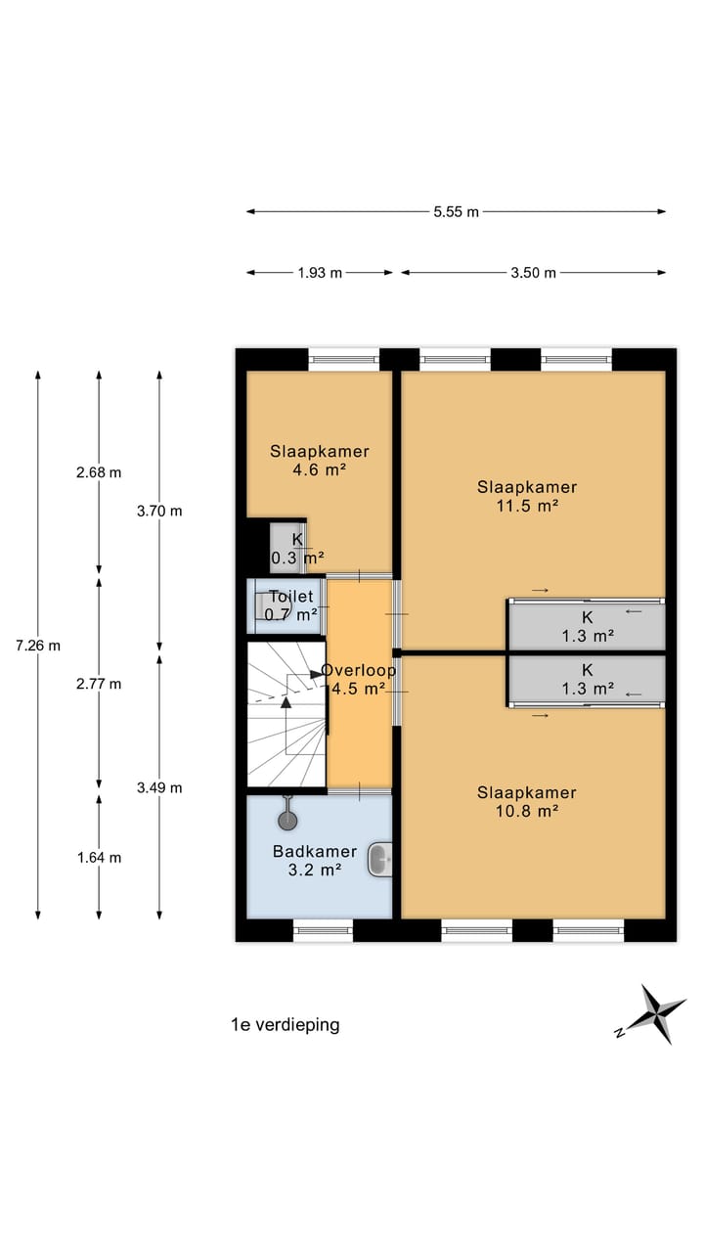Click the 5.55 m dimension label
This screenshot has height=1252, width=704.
pos(457,211)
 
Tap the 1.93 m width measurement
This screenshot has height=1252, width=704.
pos(320,273)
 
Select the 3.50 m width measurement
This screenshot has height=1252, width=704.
pos(533,273)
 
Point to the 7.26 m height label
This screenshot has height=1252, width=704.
pos(38,645)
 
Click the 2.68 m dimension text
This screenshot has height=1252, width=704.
pos(99,472)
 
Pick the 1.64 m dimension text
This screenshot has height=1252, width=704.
pos(99,858)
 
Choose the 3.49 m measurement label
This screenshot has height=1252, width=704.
pos(159,787)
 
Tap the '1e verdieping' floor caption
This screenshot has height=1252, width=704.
pos(285,1025)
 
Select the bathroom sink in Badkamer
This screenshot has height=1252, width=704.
pos(380,861)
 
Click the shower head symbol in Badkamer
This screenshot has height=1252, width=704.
pos(288,819)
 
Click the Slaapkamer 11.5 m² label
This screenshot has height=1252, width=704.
pos(527,496)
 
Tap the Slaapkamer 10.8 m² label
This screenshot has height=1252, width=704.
pos(527,801)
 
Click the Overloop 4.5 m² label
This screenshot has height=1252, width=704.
pos(359,680)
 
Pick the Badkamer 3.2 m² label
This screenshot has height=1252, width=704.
pos(314,860)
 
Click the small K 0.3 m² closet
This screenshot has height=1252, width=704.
pos(287,548)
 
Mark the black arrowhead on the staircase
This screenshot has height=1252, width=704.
pos(286,701)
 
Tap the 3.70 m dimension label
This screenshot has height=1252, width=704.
pos(159,511)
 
